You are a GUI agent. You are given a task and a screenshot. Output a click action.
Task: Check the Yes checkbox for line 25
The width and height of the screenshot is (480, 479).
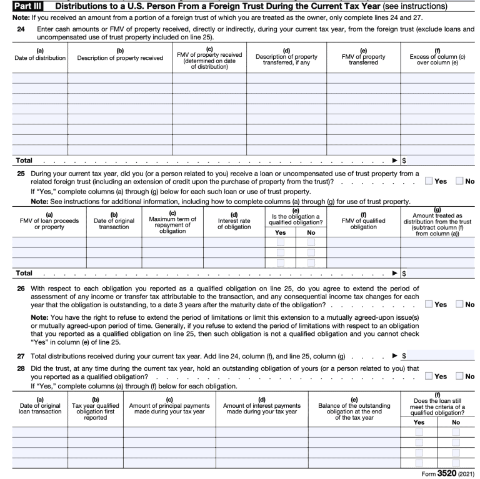click(428, 180)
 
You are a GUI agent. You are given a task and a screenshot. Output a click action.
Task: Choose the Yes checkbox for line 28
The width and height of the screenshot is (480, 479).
click(428, 394)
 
